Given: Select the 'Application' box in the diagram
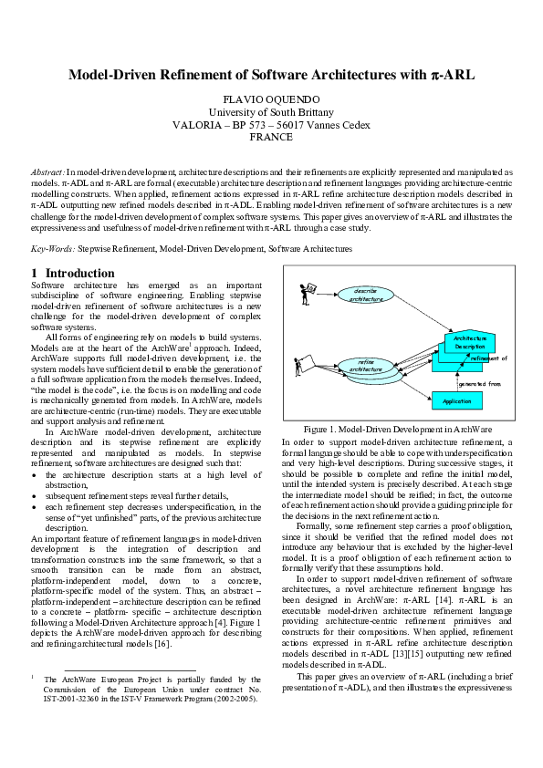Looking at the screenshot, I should pos(457,400).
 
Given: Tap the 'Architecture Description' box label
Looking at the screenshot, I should pos(470,343).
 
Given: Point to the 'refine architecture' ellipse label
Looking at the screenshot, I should pos(360,366).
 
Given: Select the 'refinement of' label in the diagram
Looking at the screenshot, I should pos(488,358).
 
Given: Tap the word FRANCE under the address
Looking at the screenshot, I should pos(271,137).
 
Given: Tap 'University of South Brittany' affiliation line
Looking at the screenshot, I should pos(271,111).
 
